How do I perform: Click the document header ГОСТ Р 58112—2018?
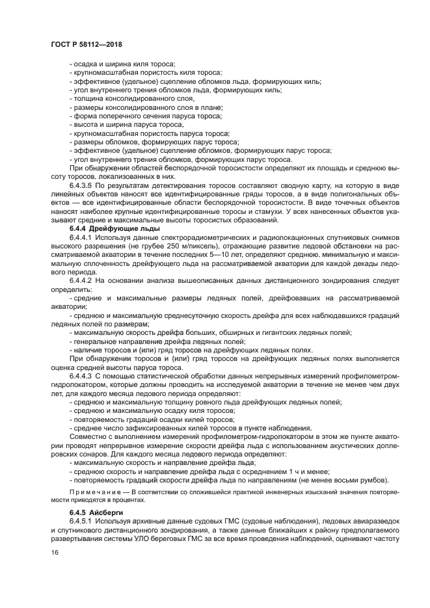(86, 43)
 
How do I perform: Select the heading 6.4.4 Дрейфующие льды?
(107, 229)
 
